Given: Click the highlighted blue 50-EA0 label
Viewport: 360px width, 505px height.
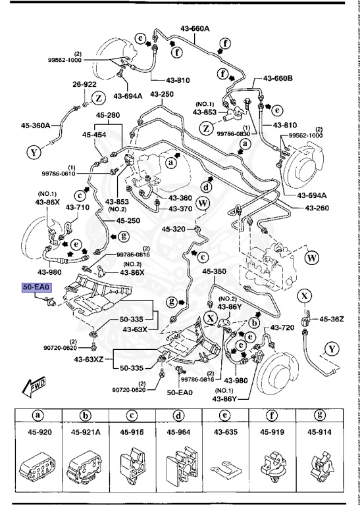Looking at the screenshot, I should [x=37, y=287].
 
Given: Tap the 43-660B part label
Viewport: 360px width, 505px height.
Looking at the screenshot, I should [x=278, y=79].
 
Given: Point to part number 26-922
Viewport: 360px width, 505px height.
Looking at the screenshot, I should [x=84, y=84].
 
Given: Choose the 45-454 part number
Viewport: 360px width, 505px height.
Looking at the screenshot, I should [x=94, y=135].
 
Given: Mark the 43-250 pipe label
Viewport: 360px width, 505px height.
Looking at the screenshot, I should [x=161, y=94].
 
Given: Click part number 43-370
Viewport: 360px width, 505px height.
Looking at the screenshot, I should [x=180, y=208].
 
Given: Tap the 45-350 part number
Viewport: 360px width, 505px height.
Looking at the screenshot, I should [x=214, y=271].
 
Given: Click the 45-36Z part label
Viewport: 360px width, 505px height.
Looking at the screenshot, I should [x=332, y=319].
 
